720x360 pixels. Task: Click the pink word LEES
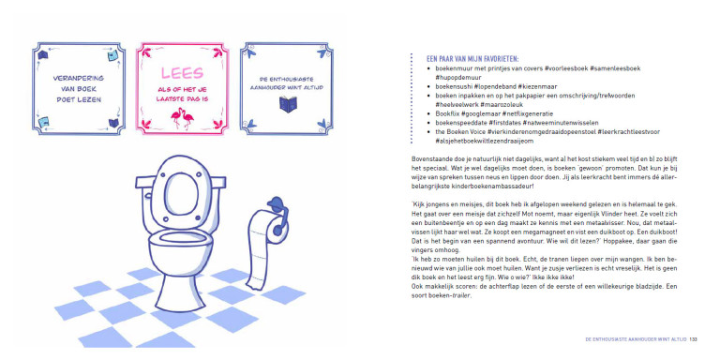click(x=182, y=72)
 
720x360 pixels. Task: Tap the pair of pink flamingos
click(x=182, y=118)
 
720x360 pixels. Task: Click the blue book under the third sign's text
click(x=287, y=104)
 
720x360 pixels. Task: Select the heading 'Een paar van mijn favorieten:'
click(x=472, y=59)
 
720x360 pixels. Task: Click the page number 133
click(x=693, y=339)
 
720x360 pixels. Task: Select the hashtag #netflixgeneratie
click(x=528, y=113)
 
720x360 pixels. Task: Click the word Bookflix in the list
click(x=446, y=113)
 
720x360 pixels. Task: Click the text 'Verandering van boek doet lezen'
click(x=78, y=89)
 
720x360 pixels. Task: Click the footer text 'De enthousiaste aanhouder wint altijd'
click(x=636, y=339)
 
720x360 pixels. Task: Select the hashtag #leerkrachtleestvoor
click(x=629, y=132)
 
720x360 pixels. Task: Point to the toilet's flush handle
click(x=147, y=195)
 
